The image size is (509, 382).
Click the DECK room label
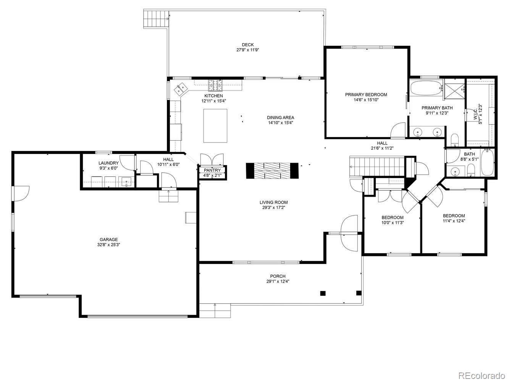point(247,45)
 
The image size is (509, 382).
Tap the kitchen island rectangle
point(215,126)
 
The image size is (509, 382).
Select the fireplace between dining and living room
point(272,170)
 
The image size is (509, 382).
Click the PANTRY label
point(212,170)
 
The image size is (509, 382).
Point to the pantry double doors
point(212,159)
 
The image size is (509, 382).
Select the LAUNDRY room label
point(108,163)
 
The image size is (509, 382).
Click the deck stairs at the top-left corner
point(156,18)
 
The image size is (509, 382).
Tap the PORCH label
point(278,276)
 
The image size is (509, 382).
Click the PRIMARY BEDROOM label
point(366,95)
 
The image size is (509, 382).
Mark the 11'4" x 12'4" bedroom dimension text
point(454,220)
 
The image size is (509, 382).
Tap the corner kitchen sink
point(181,89)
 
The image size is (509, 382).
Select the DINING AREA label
point(280,118)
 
